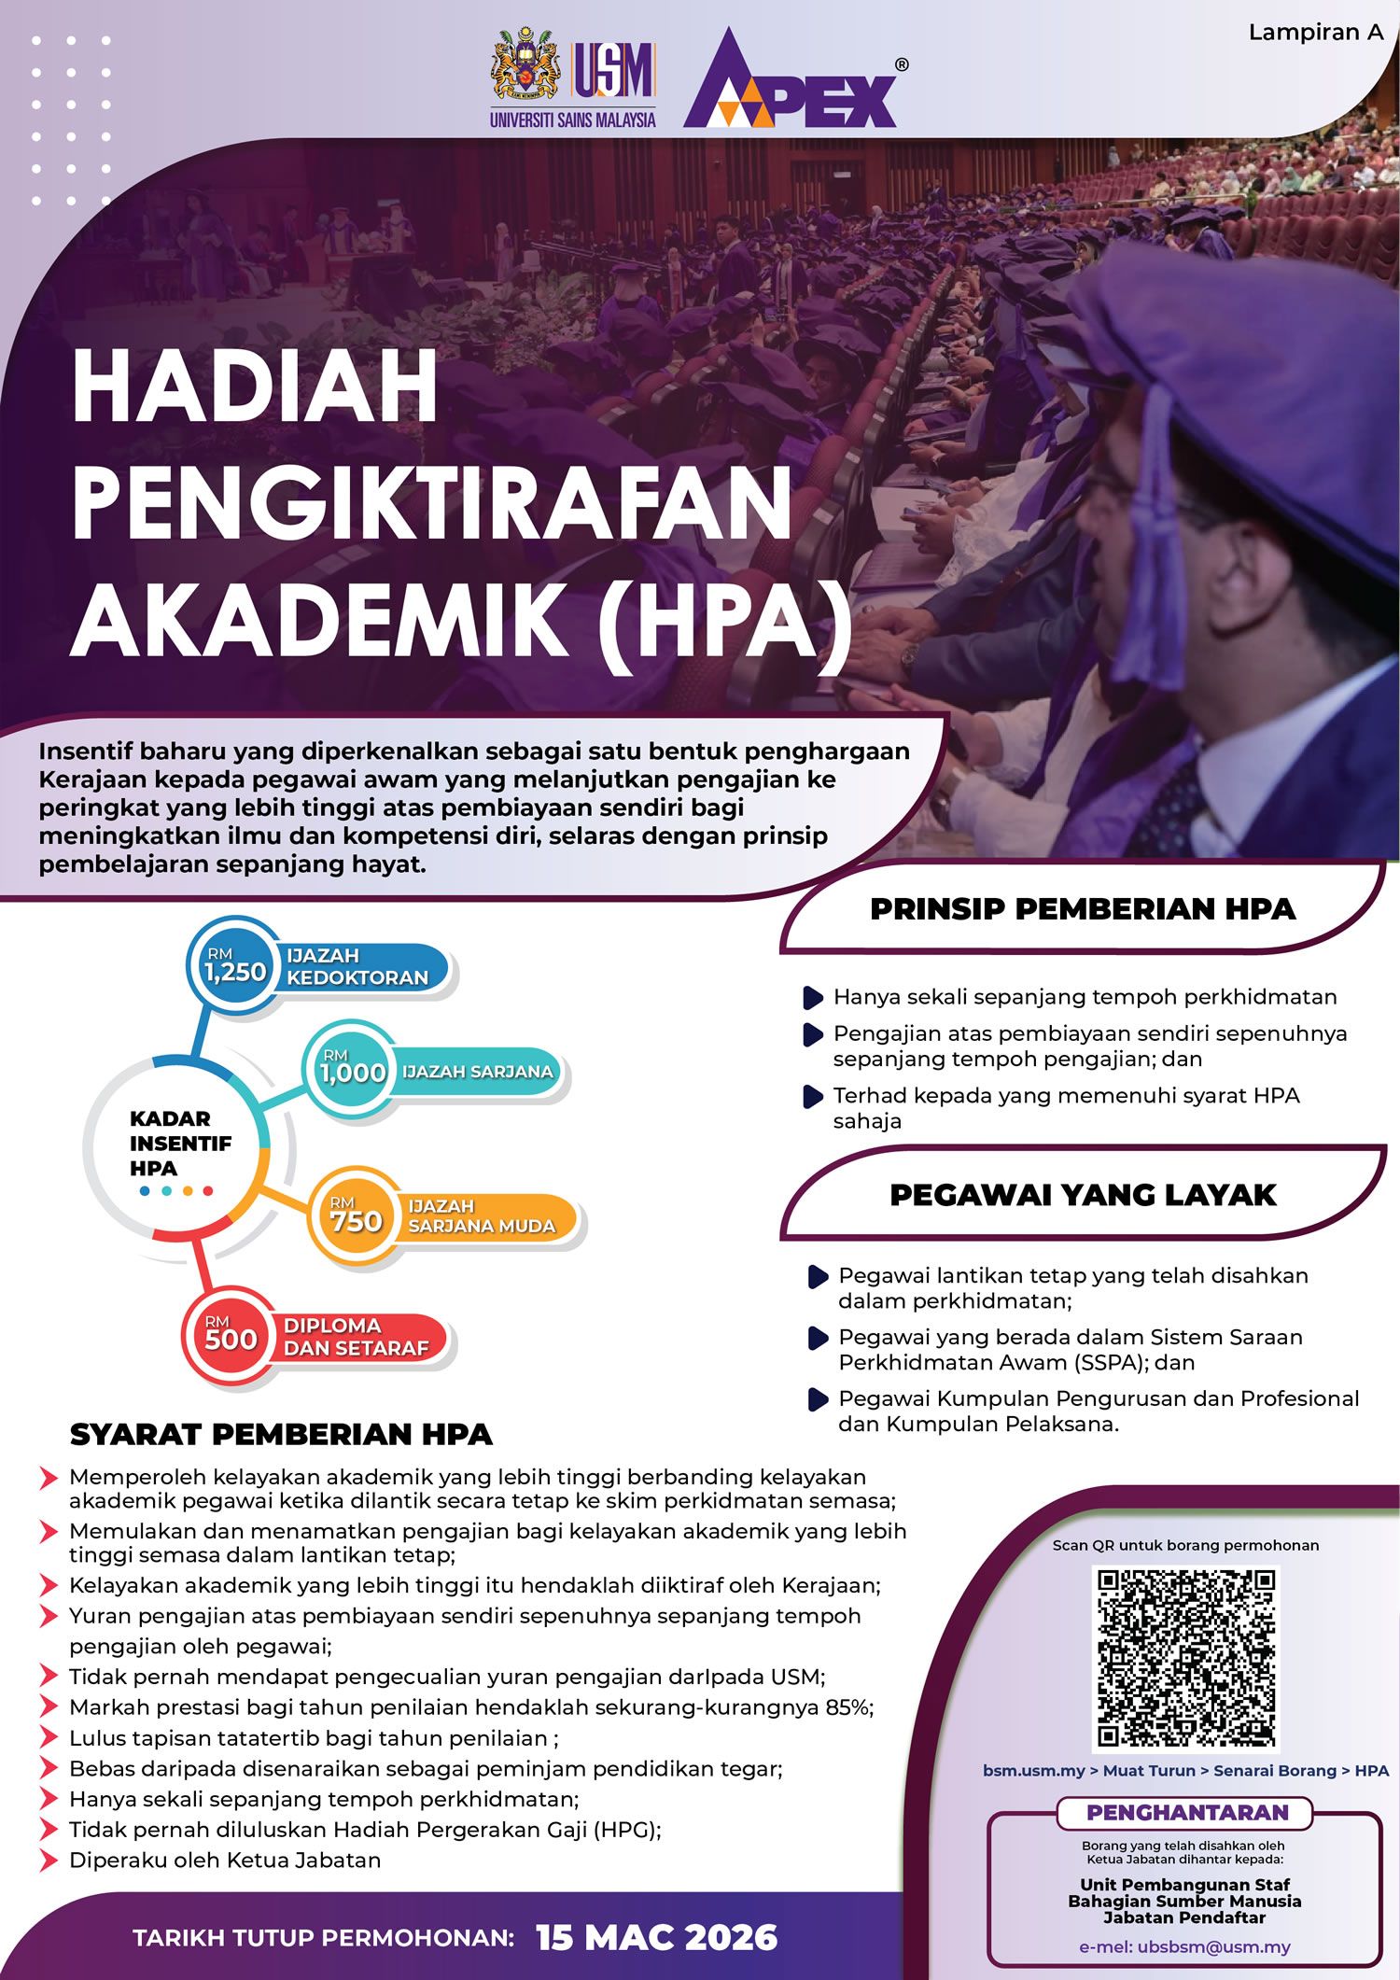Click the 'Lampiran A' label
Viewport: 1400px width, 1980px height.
[1315, 33]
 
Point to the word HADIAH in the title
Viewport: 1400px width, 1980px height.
[255, 387]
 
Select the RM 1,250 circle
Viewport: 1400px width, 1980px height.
[236, 966]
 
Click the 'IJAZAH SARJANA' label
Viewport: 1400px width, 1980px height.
[477, 1072]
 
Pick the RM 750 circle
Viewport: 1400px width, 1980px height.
[356, 1216]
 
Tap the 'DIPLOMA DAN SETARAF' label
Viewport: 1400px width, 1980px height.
[356, 1337]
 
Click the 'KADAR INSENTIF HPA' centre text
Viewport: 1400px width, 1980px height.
[179, 1144]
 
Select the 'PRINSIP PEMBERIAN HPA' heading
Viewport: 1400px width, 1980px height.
[1083, 909]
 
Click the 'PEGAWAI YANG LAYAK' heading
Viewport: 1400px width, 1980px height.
[1083, 1195]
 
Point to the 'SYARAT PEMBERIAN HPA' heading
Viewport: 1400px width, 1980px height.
[281, 1434]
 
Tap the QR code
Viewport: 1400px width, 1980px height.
[1185, 1657]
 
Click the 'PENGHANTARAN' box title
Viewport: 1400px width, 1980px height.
[1187, 1812]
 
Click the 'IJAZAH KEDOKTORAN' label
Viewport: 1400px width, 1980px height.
[357, 966]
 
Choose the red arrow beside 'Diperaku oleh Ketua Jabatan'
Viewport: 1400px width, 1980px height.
[49, 1861]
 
